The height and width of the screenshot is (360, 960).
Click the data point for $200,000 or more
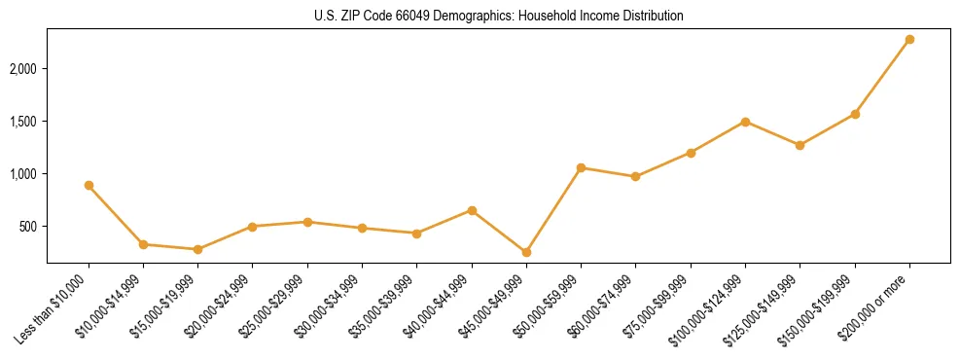pyautogui.click(x=909, y=39)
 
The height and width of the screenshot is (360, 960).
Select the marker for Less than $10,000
pyautogui.click(x=89, y=185)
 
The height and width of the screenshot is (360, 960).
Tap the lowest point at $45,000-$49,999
pyautogui.click(x=526, y=252)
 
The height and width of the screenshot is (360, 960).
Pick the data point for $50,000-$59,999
pyautogui.click(x=581, y=167)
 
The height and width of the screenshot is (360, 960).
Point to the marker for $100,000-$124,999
pyautogui.click(x=745, y=122)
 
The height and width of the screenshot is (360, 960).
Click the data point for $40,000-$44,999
pyautogui.click(x=472, y=210)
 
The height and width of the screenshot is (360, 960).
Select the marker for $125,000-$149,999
pyautogui.click(x=800, y=145)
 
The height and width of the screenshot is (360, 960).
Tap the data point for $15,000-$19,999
pyautogui.click(x=198, y=249)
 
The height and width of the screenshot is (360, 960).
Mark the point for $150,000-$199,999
pyautogui.click(x=855, y=114)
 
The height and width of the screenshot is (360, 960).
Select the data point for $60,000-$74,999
pyautogui.click(x=635, y=176)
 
